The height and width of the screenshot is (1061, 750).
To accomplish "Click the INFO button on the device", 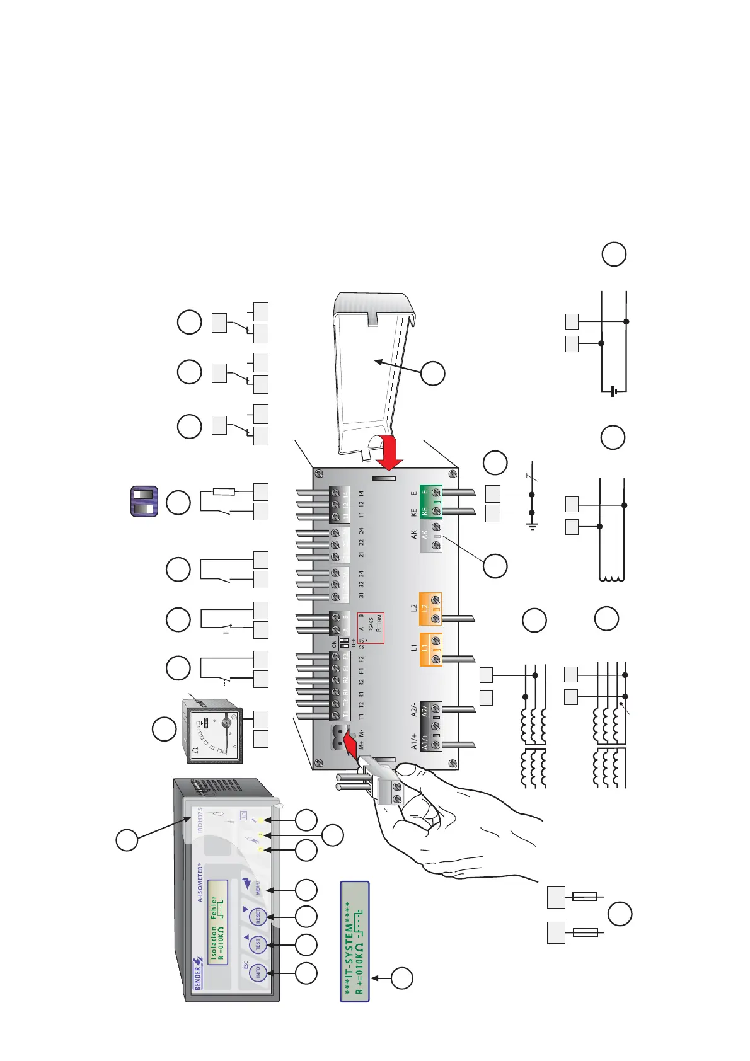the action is pos(257,973).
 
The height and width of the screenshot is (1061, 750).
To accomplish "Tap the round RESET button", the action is pos(257,916).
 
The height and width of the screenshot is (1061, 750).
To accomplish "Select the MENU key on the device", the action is pos(257,887).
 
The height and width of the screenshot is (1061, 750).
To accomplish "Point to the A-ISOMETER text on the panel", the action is pos(200,883).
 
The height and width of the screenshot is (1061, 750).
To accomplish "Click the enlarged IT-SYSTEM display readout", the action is pos(354,941).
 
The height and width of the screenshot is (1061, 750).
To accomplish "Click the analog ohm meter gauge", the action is pos(211,731).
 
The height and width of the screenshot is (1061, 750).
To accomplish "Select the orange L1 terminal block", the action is pos(430,649).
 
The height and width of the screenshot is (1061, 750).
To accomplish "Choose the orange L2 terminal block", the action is pos(430,609).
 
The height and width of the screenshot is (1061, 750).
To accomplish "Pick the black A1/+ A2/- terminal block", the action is pos(430,726).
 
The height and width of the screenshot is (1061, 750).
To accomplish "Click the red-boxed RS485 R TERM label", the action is pos(372,628).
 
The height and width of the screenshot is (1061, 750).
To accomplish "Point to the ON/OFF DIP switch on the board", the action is pos(344,643).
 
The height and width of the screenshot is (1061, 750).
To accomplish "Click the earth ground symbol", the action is pos(533,526).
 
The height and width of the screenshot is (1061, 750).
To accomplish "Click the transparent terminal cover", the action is pos(376,372).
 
